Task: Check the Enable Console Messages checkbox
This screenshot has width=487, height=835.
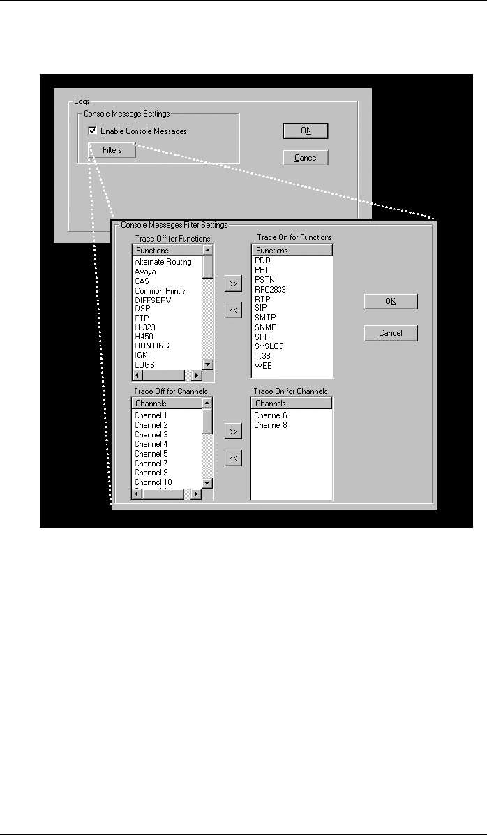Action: coord(93,131)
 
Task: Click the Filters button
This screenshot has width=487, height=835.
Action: coord(112,150)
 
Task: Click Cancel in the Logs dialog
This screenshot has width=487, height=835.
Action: coord(306,158)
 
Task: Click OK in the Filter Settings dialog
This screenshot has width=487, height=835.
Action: coord(391,301)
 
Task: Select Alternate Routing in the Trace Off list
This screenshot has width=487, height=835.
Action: coord(163,262)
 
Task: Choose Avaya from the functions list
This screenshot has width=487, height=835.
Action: coord(145,272)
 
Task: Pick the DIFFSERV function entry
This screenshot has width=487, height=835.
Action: coord(153,300)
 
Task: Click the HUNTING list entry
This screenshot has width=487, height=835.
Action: coord(152,346)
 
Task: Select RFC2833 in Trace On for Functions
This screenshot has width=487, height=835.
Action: coord(271,288)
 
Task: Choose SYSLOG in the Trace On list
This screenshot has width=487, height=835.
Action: coord(269,346)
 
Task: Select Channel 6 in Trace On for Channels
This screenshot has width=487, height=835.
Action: coord(270,415)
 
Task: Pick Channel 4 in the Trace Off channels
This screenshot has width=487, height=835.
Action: coord(151,444)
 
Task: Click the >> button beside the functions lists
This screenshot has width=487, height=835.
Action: coord(233,283)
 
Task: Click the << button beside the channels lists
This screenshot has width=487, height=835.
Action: coord(233,459)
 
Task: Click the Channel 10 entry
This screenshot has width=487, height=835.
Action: coord(153,482)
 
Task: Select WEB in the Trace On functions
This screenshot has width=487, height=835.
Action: coord(263,365)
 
